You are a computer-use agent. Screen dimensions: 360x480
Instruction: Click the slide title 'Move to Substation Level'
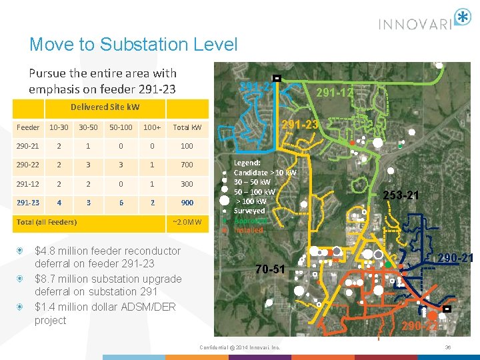[133, 45]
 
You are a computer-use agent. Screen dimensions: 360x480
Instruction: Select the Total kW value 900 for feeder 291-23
[187, 203]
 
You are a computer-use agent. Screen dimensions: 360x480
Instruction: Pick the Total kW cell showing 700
[187, 164]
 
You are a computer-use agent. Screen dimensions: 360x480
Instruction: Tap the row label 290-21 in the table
[29, 145]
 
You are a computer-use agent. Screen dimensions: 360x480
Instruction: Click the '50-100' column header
[121, 127]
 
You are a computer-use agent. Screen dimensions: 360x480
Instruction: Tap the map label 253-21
[400, 195]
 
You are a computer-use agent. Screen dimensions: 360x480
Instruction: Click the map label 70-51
[271, 269]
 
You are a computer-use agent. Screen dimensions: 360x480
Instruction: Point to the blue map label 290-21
[455, 258]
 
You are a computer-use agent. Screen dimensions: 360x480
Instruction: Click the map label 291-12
[335, 93]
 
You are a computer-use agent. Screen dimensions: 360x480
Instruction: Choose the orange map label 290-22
[419, 326]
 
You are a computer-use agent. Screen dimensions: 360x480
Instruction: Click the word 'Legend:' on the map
[248, 163]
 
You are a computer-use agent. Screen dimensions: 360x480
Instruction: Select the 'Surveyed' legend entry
[249, 211]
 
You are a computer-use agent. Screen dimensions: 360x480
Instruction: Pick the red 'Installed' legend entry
[249, 230]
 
